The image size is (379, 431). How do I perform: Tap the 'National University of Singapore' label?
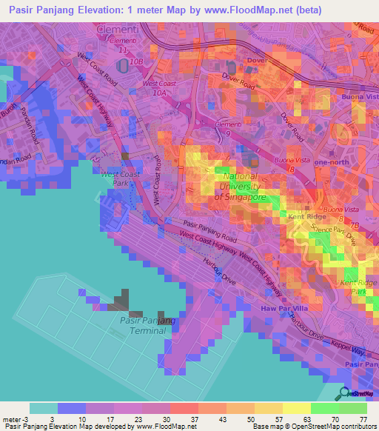(240, 187)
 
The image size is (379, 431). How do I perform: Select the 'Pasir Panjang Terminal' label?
(147, 325)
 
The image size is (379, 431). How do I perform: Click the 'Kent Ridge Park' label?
(358, 287)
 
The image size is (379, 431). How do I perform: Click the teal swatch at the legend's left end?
(43, 408)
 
